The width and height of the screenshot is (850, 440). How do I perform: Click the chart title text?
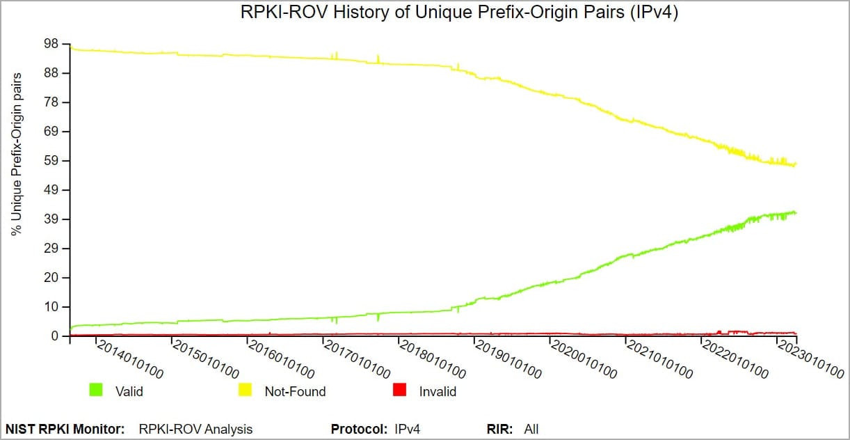pos(459,13)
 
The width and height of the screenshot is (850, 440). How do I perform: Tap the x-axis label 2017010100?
pos(356,359)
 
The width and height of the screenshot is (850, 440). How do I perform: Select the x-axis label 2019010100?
pos(508,359)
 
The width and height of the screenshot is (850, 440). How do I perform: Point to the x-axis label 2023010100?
pos(810,359)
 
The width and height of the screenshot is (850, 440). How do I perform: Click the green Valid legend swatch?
pos(96,391)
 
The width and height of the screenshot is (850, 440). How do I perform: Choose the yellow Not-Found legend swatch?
pos(246,391)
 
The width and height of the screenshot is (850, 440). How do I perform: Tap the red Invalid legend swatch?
pos(399,391)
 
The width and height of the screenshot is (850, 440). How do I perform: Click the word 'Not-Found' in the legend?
pos(295,391)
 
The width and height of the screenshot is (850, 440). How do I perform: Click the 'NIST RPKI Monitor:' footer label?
pos(65,429)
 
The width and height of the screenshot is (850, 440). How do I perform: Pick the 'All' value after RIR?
pos(531,429)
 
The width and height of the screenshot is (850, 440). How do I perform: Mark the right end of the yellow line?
pos(796,164)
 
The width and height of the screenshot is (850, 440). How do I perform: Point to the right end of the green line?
pos(796,212)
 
